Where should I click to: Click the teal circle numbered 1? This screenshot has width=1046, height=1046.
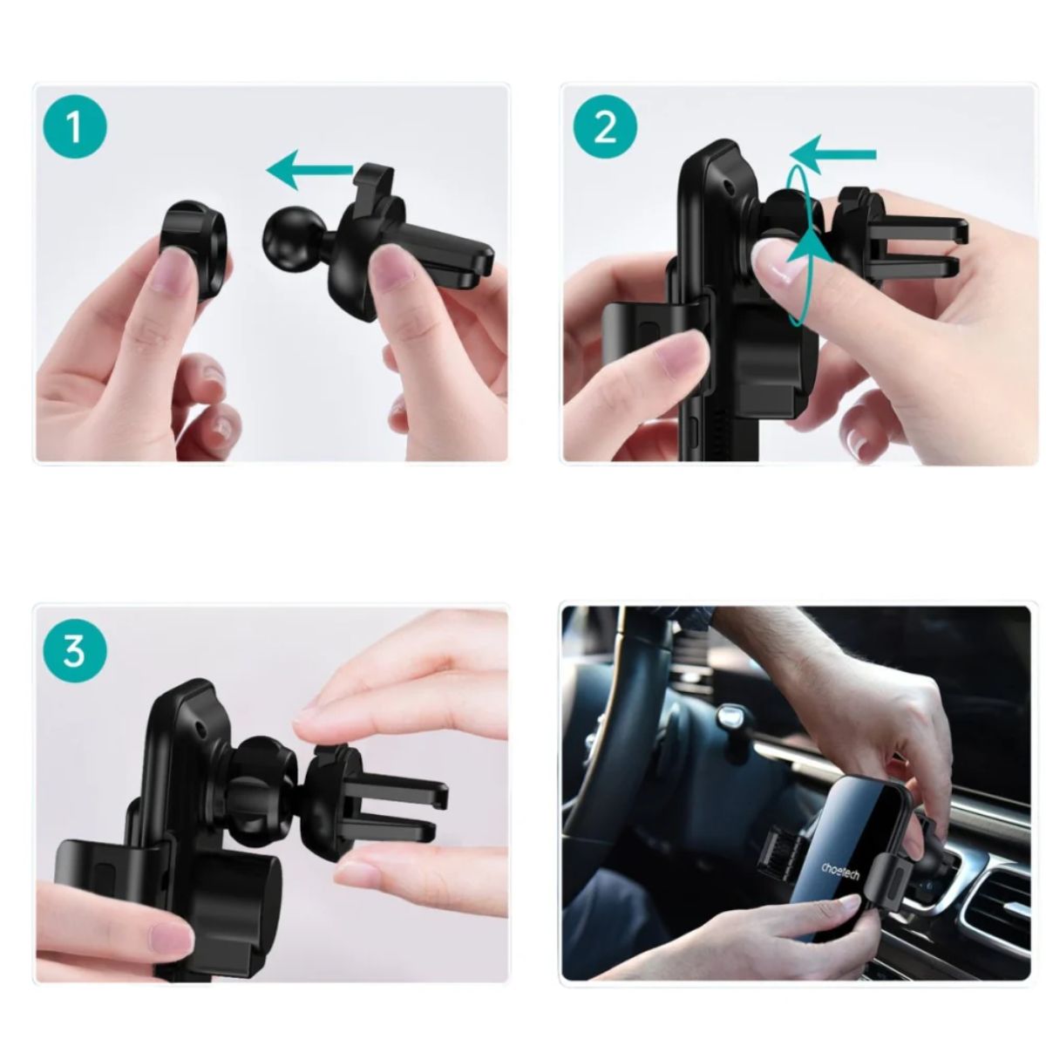[x=75, y=126]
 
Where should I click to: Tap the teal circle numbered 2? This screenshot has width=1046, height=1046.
[x=605, y=126]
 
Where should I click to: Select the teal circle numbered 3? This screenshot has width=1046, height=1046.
[x=75, y=651]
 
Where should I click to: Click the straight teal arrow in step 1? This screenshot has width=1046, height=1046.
[x=309, y=171]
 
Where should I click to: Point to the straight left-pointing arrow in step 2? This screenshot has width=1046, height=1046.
[x=832, y=154]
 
